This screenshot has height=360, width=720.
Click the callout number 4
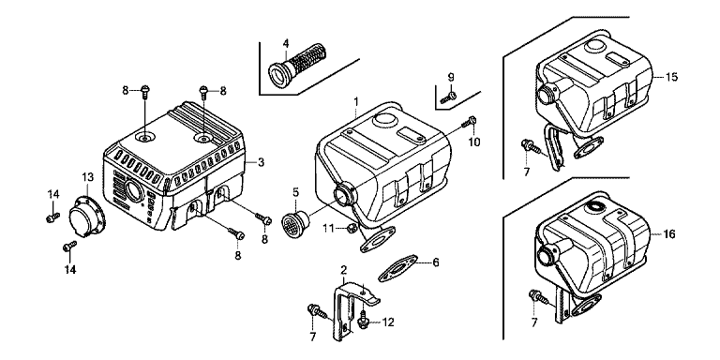(286, 44)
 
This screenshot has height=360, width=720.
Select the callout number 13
(87, 177)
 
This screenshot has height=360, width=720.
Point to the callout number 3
(261, 161)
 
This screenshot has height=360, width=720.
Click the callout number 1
(356, 99)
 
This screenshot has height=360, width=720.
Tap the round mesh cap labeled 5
(294, 224)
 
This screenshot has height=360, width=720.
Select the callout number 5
(295, 191)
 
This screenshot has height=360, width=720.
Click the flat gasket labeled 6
(397, 267)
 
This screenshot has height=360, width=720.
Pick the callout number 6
(436, 262)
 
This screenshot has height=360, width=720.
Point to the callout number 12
(388, 322)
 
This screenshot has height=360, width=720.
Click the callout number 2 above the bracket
(343, 269)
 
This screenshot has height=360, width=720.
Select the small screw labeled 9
(448, 97)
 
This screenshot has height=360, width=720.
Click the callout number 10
(473, 142)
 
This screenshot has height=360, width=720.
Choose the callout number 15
(671, 77)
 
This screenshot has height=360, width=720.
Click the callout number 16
(669, 234)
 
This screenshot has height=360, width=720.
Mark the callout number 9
(450, 76)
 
